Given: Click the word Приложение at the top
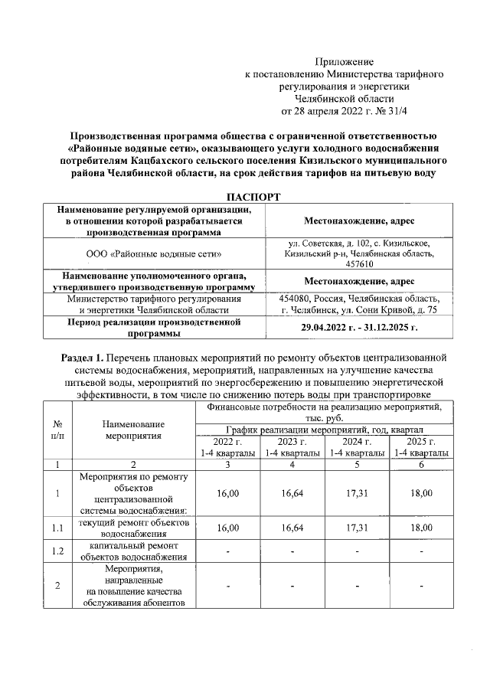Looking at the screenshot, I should [x=345, y=60].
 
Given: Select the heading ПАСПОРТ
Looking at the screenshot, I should [x=246, y=197].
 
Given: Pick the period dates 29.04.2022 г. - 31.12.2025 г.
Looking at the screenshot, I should [x=359, y=327].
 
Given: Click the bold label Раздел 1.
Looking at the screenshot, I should [x=83, y=358].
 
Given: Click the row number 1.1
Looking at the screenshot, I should [x=58, y=528].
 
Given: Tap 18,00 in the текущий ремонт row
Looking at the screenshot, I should [x=420, y=528].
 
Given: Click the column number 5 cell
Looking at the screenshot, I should [x=357, y=463].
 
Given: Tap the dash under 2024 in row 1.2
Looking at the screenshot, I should [x=357, y=551].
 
